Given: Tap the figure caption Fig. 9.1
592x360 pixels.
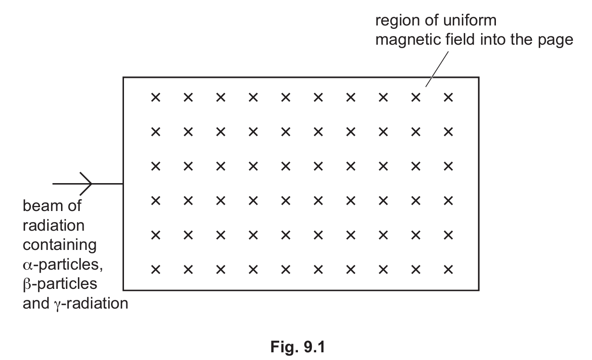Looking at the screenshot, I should (296, 347).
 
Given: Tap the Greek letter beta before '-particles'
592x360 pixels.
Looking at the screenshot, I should (27, 284).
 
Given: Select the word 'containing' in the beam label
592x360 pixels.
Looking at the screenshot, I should (60, 245).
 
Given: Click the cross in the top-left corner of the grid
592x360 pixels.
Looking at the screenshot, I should (155, 98).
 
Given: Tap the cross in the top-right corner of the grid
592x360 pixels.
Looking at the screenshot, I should (448, 98).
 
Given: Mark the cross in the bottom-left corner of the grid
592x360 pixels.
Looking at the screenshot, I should (155, 270).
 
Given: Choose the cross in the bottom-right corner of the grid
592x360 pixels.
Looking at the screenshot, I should (448, 270).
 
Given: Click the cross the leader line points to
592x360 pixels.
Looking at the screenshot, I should (416, 98).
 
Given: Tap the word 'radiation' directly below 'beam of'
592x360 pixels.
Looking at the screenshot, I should (53, 225).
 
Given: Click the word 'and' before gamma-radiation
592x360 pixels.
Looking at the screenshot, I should (36, 304).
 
